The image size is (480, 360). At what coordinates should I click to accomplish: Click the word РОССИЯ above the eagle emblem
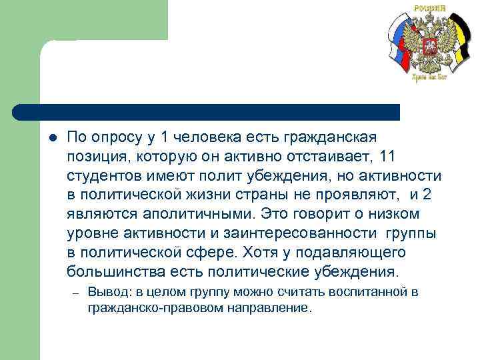coord(429,7)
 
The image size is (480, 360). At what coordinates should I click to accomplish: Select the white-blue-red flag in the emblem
coord(400,47)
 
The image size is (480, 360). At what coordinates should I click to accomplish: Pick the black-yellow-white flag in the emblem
coord(459,47)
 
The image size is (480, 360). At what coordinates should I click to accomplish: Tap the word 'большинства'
coord(111,272)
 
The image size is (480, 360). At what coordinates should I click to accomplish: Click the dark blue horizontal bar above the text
coord(207,112)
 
